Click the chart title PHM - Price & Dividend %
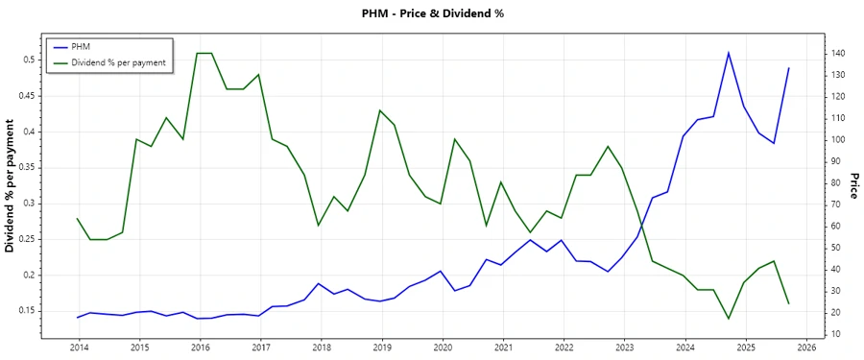[431, 13]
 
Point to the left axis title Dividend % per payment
[11, 186]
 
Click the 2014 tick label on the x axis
[78, 347]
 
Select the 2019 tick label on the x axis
[382, 347]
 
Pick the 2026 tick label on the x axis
[806, 347]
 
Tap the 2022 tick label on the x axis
[564, 347]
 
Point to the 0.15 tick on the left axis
[24, 311]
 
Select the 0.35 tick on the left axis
[24, 167]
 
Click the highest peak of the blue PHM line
[729, 52]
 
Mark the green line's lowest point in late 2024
[729, 319]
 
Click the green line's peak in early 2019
[380, 110]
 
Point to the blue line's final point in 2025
[789, 68]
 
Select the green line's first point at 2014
[78, 219]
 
